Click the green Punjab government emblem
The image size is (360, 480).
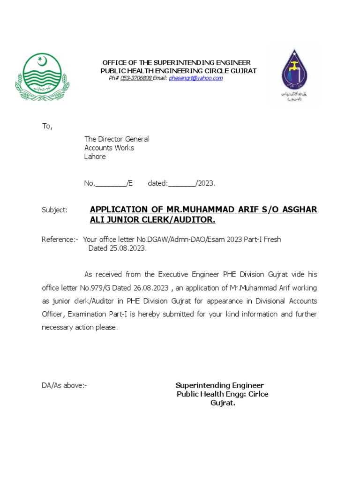point(42,77)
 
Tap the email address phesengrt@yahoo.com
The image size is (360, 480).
point(195,78)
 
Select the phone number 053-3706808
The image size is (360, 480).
point(135,78)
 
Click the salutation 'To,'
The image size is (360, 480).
point(47,126)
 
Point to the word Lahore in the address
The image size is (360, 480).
point(95,157)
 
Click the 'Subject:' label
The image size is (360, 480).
point(54,210)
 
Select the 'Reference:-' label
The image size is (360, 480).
point(60,240)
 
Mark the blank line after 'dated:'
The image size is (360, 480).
point(182,184)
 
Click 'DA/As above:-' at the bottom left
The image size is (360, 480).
point(64,385)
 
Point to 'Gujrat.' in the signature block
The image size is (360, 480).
point(222,403)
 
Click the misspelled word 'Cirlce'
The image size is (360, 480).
point(258,394)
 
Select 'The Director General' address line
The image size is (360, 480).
point(116,139)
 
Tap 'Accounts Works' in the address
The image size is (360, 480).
point(109,148)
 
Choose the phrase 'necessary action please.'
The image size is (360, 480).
point(80,327)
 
